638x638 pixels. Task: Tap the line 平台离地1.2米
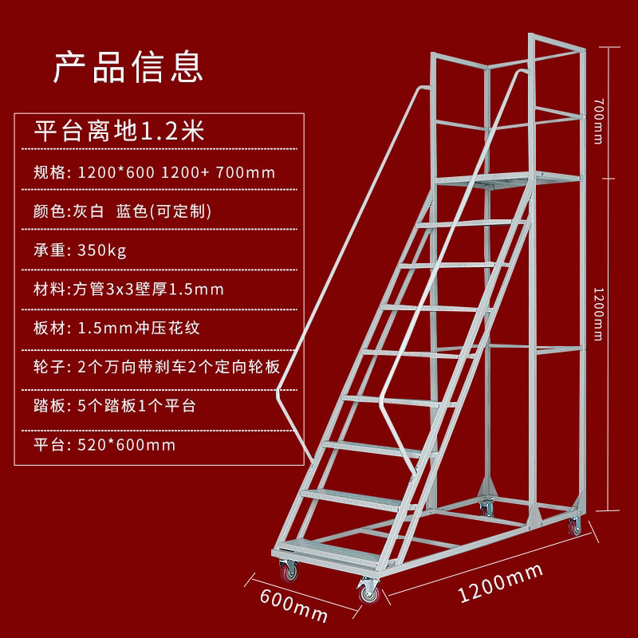[x=120, y=130]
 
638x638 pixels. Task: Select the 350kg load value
[x=102, y=250]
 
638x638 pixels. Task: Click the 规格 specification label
[x=51, y=171]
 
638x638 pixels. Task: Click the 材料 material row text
[x=128, y=289]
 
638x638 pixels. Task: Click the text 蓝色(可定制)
[x=163, y=211]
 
